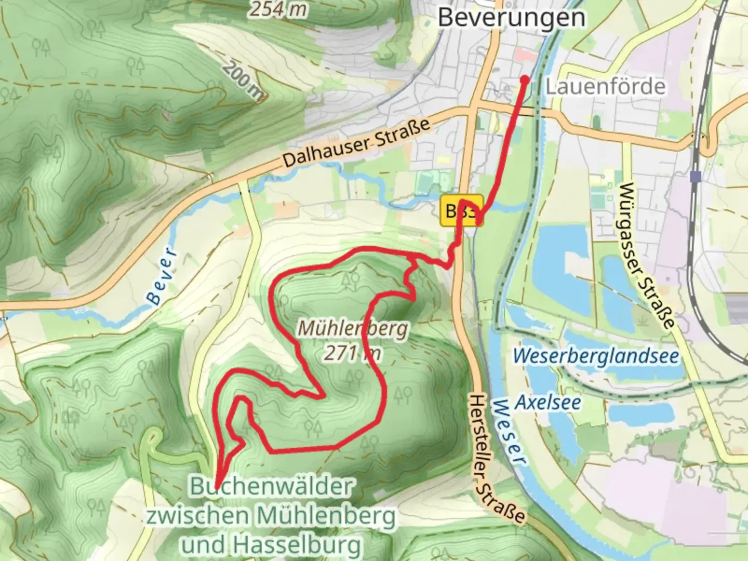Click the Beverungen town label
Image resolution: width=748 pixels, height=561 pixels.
511,17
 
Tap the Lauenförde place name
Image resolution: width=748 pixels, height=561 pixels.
605,86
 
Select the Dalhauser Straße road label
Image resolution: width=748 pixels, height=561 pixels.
357,143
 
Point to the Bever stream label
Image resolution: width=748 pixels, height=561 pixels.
163,275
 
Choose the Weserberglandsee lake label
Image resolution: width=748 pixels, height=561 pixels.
596,357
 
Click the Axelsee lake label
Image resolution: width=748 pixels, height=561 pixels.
548,402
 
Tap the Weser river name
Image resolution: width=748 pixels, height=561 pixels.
510,431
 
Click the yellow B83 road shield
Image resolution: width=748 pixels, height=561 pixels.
462,211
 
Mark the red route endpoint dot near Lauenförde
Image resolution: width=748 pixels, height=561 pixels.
525,79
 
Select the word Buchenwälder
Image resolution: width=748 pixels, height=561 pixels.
272,487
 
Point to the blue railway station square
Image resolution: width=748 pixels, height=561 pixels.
695,177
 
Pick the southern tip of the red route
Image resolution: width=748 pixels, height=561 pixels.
216,484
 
